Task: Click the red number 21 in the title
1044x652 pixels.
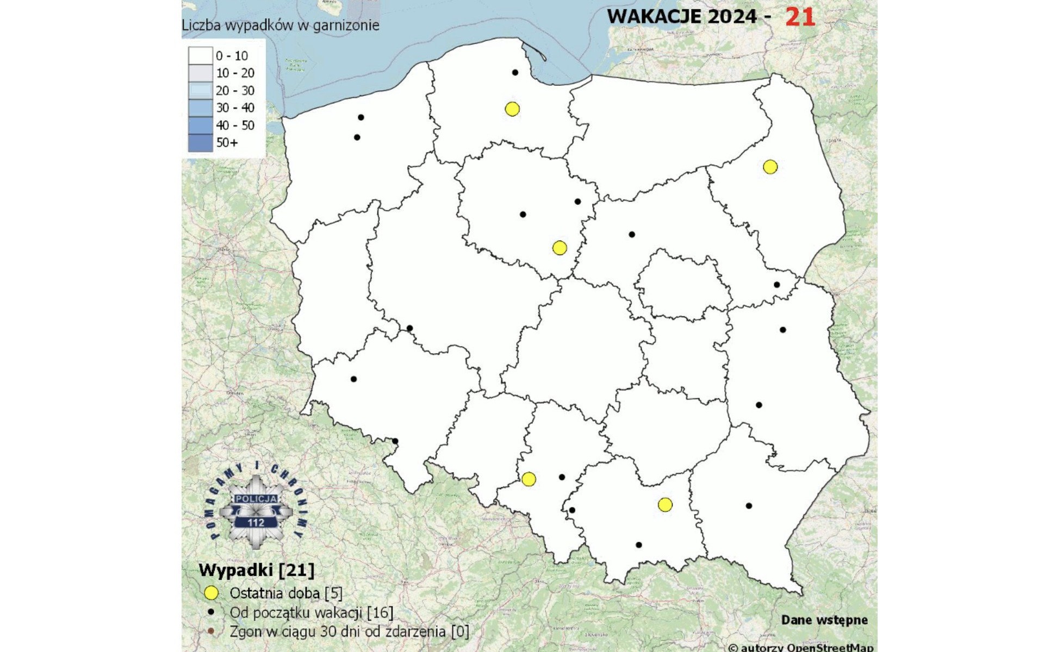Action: pyautogui.click(x=800, y=17)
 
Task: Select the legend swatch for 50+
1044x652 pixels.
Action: pyautogui.click(x=200, y=143)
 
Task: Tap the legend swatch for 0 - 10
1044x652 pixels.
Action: pyautogui.click(x=200, y=55)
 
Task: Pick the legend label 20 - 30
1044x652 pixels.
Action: pyautogui.click(x=235, y=91)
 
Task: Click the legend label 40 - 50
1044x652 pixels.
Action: pyautogui.click(x=235, y=126)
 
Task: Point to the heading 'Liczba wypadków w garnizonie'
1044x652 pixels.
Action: pyautogui.click(x=281, y=25)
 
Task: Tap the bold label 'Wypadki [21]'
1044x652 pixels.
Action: pyautogui.click(x=257, y=570)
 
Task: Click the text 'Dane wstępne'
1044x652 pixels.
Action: pyautogui.click(x=824, y=620)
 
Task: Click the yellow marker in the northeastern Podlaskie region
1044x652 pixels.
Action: pyautogui.click(x=770, y=167)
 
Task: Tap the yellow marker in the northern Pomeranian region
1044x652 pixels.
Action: pyautogui.click(x=512, y=109)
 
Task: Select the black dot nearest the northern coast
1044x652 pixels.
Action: pyautogui.click(x=515, y=72)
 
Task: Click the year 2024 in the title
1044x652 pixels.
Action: pyautogui.click(x=732, y=17)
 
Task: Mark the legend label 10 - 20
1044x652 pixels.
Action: pyautogui.click(x=235, y=73)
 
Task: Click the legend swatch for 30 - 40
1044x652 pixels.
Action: pyautogui.click(x=200, y=108)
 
